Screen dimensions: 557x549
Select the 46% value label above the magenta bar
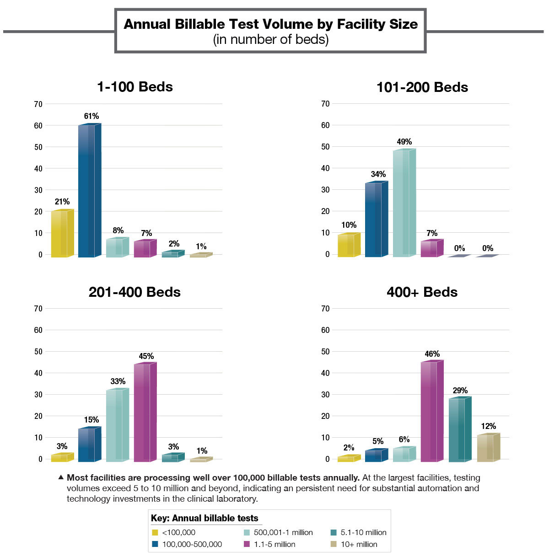coord(432,354)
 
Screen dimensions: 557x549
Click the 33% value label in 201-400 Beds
coord(118,381)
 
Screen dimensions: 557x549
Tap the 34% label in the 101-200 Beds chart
coord(378,174)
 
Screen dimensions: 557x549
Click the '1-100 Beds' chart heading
coord(135,87)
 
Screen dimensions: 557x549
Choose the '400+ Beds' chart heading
coord(422,292)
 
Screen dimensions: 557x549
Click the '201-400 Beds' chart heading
coord(135,292)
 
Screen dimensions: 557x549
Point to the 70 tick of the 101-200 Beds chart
coord(325,104)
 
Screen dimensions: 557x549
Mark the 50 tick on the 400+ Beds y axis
coord(325,352)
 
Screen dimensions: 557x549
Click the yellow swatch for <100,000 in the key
coord(155,532)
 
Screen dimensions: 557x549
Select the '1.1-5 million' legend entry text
coord(274,544)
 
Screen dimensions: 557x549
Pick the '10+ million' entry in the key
coord(359,544)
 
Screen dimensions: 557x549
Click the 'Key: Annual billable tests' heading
coord(205,518)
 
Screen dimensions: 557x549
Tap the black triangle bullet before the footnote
coord(61,477)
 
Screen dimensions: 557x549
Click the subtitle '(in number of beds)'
coord(270,40)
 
